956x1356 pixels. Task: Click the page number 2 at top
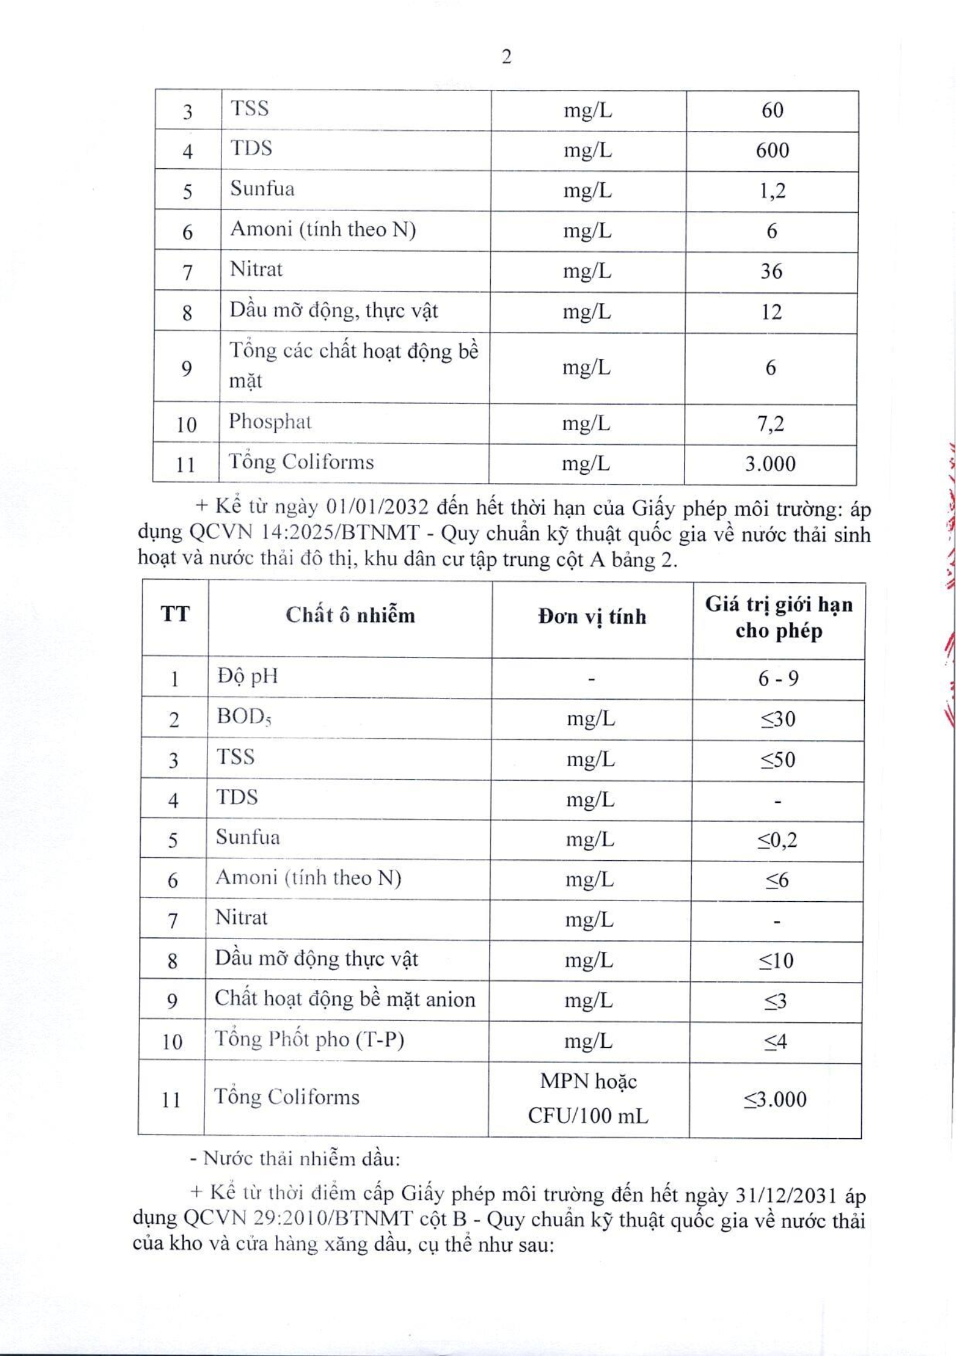[506, 57]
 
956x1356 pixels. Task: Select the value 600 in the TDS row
[772, 150]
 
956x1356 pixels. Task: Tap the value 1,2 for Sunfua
[772, 191]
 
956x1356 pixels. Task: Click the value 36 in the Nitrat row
[771, 271]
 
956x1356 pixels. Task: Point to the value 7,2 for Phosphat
[770, 424]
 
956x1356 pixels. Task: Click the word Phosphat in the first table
[270, 422]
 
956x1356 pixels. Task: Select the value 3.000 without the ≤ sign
[770, 464]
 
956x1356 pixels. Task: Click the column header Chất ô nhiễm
[350, 615]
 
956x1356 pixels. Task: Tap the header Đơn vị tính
[591, 616]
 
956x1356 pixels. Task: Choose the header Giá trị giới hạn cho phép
[779, 618]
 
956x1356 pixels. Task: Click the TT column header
[175, 614]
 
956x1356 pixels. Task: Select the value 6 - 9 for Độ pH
[778, 679]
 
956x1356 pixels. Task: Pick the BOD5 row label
[244, 717]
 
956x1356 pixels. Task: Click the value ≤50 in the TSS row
[777, 759]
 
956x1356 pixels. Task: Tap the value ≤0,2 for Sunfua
[777, 840]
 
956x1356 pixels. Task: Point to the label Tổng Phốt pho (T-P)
[309, 1039]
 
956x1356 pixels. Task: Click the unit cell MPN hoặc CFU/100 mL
[588, 1098]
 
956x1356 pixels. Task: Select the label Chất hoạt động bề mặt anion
[345, 999]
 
